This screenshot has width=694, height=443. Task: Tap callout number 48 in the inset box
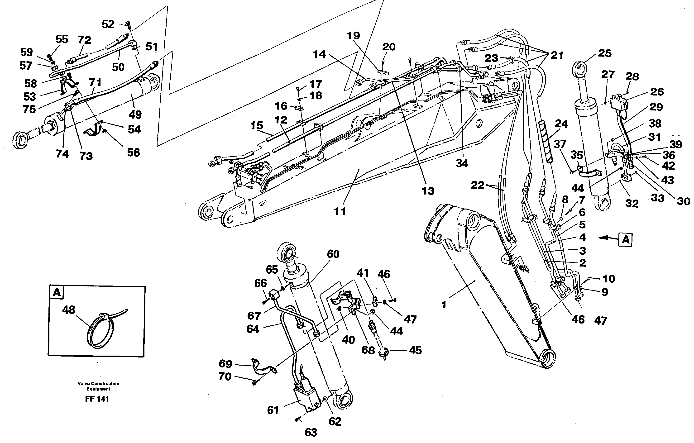pos(69,310)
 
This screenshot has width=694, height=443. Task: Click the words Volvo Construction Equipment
pos(98,386)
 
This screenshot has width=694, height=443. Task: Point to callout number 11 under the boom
pos(340,211)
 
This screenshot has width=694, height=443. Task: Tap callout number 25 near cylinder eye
pos(605,53)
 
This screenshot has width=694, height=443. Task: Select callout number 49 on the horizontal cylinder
pos(135,114)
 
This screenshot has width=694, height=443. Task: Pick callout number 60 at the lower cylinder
pos(333,254)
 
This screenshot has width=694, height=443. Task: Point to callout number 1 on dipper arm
pos(444,305)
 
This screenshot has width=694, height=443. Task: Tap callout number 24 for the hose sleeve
pos(561,124)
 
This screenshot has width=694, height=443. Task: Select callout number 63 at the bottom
pos(311,432)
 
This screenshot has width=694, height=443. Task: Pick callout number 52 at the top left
pos(108,24)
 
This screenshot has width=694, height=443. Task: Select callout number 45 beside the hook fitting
pos(415,350)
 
